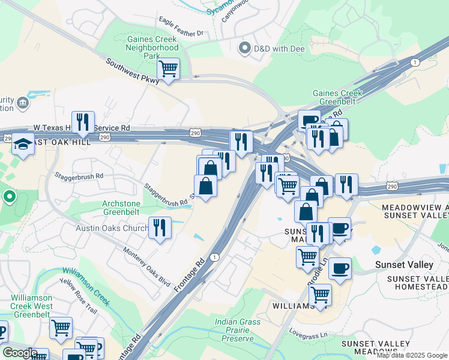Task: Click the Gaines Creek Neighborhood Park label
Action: point(152,47)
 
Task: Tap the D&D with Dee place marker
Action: point(244,48)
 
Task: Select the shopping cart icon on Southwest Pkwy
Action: point(169,70)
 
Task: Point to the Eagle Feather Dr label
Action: point(181,27)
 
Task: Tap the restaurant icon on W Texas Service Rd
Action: point(83,123)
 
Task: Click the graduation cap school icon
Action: point(23,146)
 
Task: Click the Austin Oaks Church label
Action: point(112,228)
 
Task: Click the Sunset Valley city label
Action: point(404,265)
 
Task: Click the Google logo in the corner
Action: point(19,353)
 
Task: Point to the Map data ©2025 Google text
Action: point(412,355)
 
